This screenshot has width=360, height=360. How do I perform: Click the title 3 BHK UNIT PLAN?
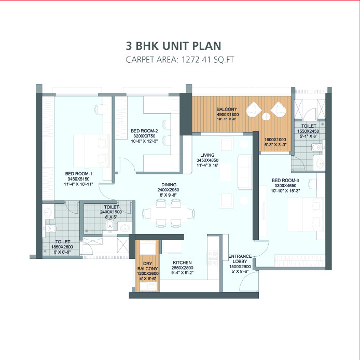(179, 45)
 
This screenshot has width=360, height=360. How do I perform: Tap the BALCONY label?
(227, 109)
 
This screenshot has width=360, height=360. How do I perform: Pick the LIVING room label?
(208, 155)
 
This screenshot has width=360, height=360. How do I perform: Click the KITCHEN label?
(183, 262)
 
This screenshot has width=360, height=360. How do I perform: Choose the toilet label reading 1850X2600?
(63, 241)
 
